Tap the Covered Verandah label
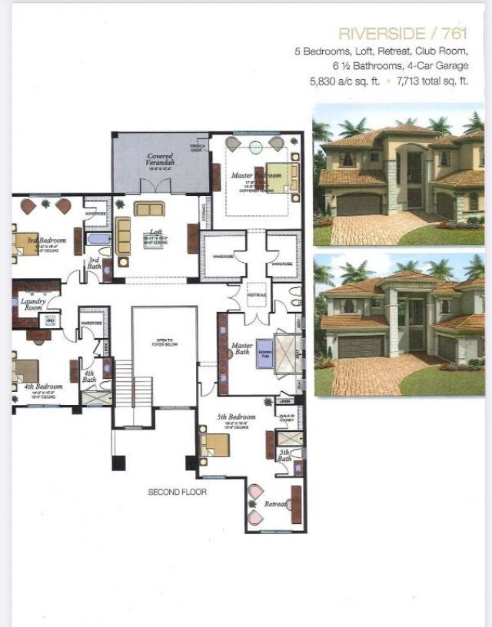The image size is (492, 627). (x=161, y=160)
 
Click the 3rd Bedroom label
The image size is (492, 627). (x=46, y=241)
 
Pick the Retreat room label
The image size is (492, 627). (x=275, y=505)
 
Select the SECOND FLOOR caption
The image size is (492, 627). (x=178, y=491)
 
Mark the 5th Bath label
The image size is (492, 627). (x=284, y=455)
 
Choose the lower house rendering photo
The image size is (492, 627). (x=398, y=325)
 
